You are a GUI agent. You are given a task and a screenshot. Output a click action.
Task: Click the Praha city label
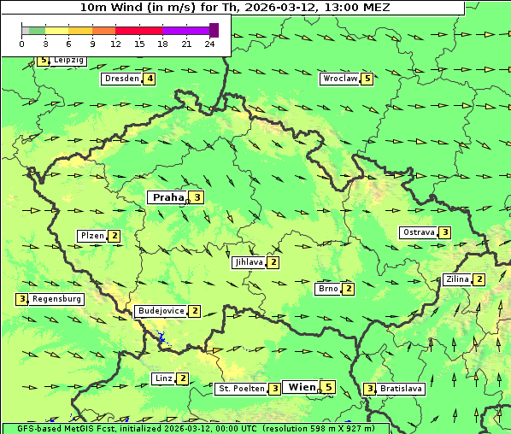[167, 197]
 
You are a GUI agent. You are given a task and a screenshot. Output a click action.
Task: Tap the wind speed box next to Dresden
[150, 79]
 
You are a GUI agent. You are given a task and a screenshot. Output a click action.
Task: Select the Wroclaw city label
[339, 79]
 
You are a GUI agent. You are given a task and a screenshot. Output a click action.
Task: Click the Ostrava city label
[418, 232]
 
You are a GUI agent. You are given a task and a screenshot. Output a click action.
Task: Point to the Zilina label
[457, 279]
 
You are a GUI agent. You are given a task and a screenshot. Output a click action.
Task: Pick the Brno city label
[327, 289]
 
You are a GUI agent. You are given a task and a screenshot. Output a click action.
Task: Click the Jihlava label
[248, 262]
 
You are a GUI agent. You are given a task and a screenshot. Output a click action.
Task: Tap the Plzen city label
[91, 236]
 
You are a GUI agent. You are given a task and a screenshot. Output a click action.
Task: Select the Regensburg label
[56, 299]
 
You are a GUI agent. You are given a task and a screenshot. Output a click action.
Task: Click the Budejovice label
[161, 311]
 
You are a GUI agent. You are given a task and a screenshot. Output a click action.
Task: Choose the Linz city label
[163, 378]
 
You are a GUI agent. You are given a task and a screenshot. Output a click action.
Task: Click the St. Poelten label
[240, 389]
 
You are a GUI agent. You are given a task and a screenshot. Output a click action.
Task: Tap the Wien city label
[302, 387]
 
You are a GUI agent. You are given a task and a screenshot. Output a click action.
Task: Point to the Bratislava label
[402, 389]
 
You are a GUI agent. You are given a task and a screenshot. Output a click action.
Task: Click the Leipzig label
[68, 61]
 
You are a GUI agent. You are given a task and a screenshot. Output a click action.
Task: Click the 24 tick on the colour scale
[210, 44]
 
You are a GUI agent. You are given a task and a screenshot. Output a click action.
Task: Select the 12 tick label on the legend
[115, 44]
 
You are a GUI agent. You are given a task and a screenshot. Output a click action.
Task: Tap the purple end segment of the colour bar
[214, 30]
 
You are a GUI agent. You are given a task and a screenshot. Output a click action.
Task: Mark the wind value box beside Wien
[328, 387]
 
